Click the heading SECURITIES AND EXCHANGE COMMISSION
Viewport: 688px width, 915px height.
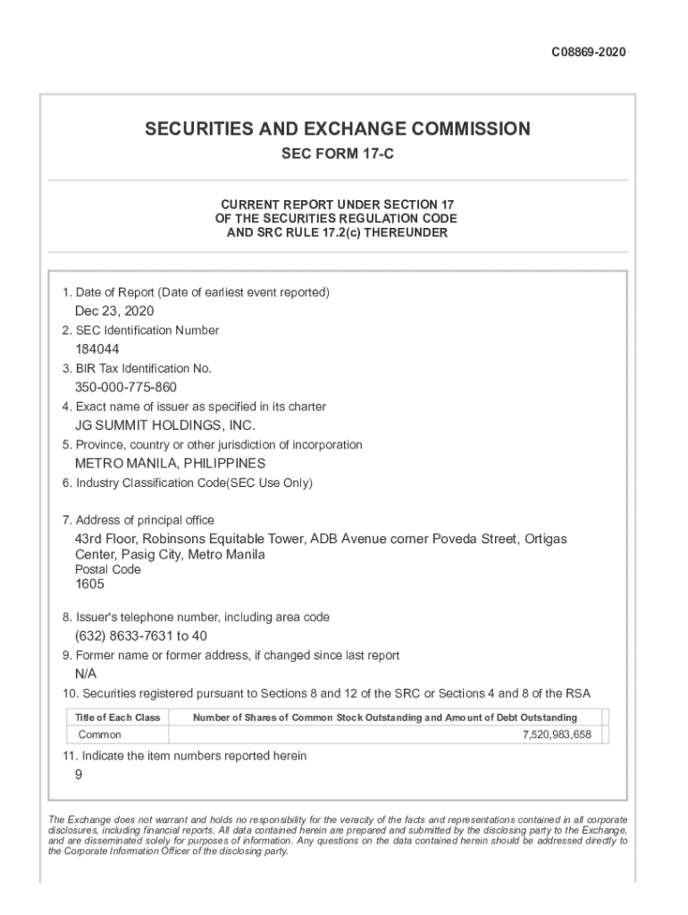point(338,129)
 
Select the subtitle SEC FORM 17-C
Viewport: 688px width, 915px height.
point(338,155)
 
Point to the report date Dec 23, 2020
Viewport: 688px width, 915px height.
point(114,311)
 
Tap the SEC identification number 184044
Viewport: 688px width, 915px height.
point(97,349)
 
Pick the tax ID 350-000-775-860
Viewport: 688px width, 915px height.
point(126,388)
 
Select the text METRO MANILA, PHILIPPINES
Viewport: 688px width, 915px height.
point(170,464)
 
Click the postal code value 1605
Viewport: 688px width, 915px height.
point(89,584)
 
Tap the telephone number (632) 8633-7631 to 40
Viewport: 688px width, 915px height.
point(141,636)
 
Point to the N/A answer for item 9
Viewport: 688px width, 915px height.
point(86,674)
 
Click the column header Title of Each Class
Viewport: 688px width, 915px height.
point(117,718)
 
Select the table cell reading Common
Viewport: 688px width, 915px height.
point(100,735)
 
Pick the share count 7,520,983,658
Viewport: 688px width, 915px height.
point(557,735)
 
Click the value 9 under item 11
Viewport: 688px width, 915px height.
point(79,776)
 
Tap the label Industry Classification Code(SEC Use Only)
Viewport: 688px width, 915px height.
point(194,483)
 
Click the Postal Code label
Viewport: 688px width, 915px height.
point(107,569)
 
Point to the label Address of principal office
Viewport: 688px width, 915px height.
point(145,520)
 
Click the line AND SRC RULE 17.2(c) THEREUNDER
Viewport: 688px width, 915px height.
point(337,233)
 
